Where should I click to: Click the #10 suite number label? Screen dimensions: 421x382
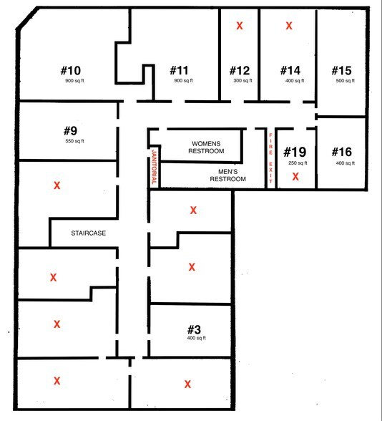pyautogui.click(x=70, y=70)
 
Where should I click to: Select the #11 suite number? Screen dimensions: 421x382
pyautogui.click(x=179, y=70)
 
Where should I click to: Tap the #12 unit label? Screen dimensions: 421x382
pyautogui.click(x=240, y=70)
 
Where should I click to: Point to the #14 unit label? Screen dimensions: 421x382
pyautogui.click(x=290, y=70)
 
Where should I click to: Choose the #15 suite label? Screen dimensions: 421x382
pyautogui.click(x=341, y=70)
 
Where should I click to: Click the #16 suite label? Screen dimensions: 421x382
pyautogui.click(x=341, y=152)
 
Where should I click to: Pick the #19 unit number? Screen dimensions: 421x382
pyautogui.click(x=295, y=152)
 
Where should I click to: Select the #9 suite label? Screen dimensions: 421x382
pyautogui.click(x=70, y=131)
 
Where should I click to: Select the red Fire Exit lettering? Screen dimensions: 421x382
pyautogui.click(x=270, y=158)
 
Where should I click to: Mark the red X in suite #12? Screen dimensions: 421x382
pyautogui.click(x=240, y=26)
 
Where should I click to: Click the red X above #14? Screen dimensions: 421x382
pyautogui.click(x=290, y=26)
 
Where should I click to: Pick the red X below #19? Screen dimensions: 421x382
pyautogui.click(x=295, y=175)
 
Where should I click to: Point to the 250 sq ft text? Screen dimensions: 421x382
pyautogui.click(x=295, y=163)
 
